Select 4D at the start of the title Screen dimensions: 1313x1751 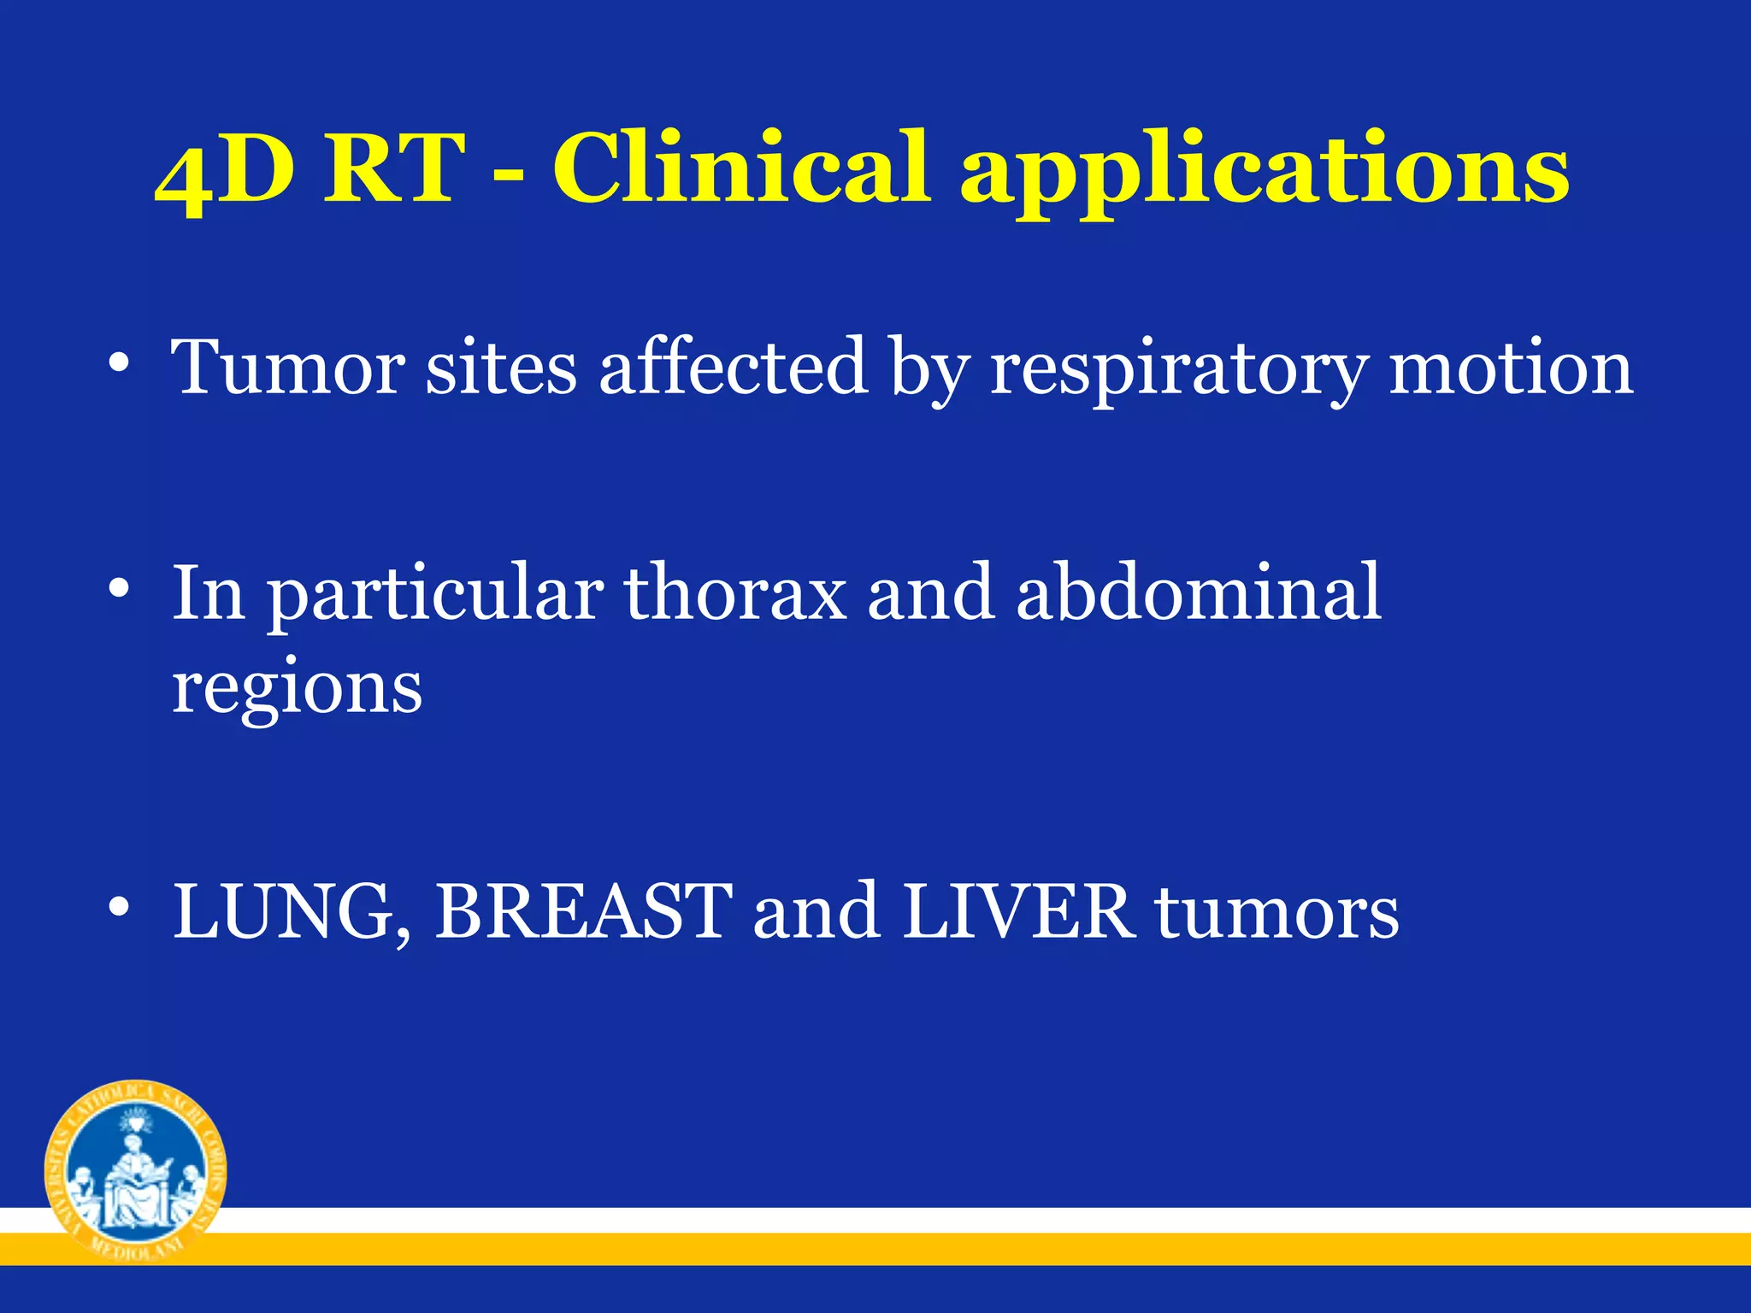pyautogui.click(x=224, y=171)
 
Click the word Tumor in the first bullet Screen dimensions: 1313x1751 pyautogui.click(x=288, y=368)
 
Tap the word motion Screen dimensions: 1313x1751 pyautogui.click(x=1510, y=368)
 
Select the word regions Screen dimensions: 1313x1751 pyautogui.click(x=297, y=689)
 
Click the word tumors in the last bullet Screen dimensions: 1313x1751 pyautogui.click(x=1277, y=913)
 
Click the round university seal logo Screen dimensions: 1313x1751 pyautogui.click(x=135, y=1169)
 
